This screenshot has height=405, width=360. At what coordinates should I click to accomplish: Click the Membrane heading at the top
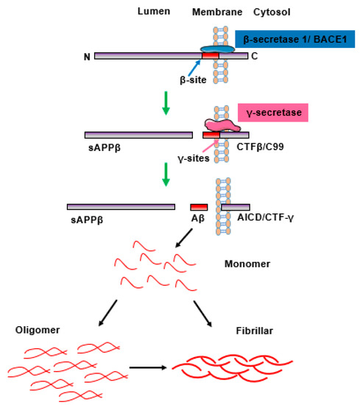coord(213,13)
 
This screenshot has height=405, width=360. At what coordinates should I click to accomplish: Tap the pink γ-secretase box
coord(272,112)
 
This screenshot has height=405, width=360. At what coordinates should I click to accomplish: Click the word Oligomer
coord(34,332)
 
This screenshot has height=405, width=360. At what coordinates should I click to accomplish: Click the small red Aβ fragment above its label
coord(199,207)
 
